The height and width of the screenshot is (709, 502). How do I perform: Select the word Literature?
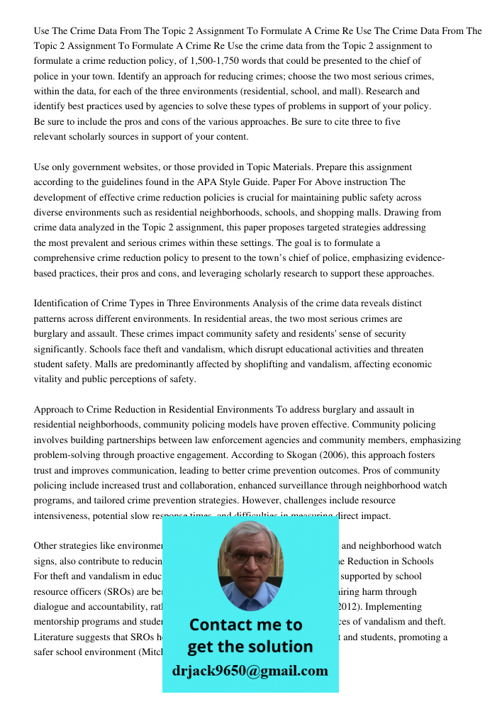[57, 637]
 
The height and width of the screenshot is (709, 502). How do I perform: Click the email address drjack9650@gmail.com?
[250, 671]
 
